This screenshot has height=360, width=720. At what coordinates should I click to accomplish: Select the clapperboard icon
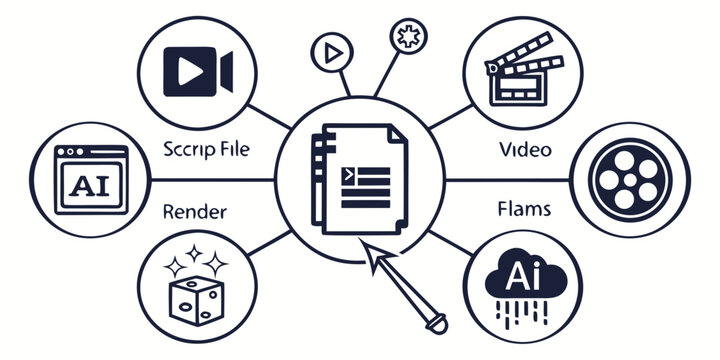pyautogui.click(x=519, y=71)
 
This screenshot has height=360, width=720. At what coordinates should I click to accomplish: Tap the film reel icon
pyautogui.click(x=627, y=180)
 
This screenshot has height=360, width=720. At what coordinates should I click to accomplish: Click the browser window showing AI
pyautogui.click(x=93, y=181)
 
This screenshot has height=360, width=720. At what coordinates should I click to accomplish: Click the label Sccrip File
pyautogui.click(x=205, y=151)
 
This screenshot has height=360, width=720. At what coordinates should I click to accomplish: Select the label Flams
pyautogui.click(x=522, y=211)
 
